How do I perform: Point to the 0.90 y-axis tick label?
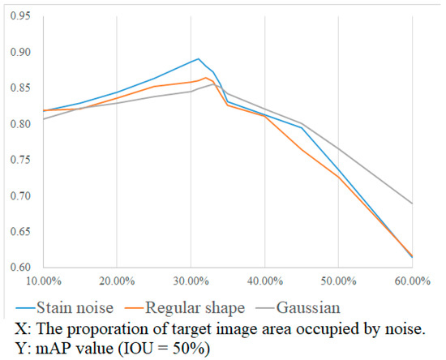[x=21, y=52]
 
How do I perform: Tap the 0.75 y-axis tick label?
[x=21, y=160]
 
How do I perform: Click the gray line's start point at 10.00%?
[x=43, y=119]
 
